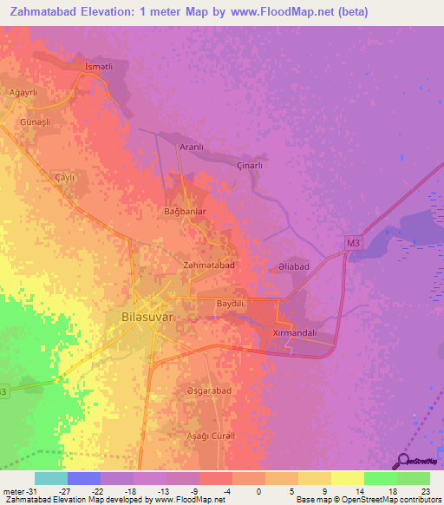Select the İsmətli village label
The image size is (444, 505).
(x=99, y=67)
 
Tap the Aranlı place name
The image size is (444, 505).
(x=191, y=148)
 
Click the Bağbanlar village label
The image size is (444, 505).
(x=184, y=211)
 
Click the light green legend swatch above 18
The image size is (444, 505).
(x=380, y=478)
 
